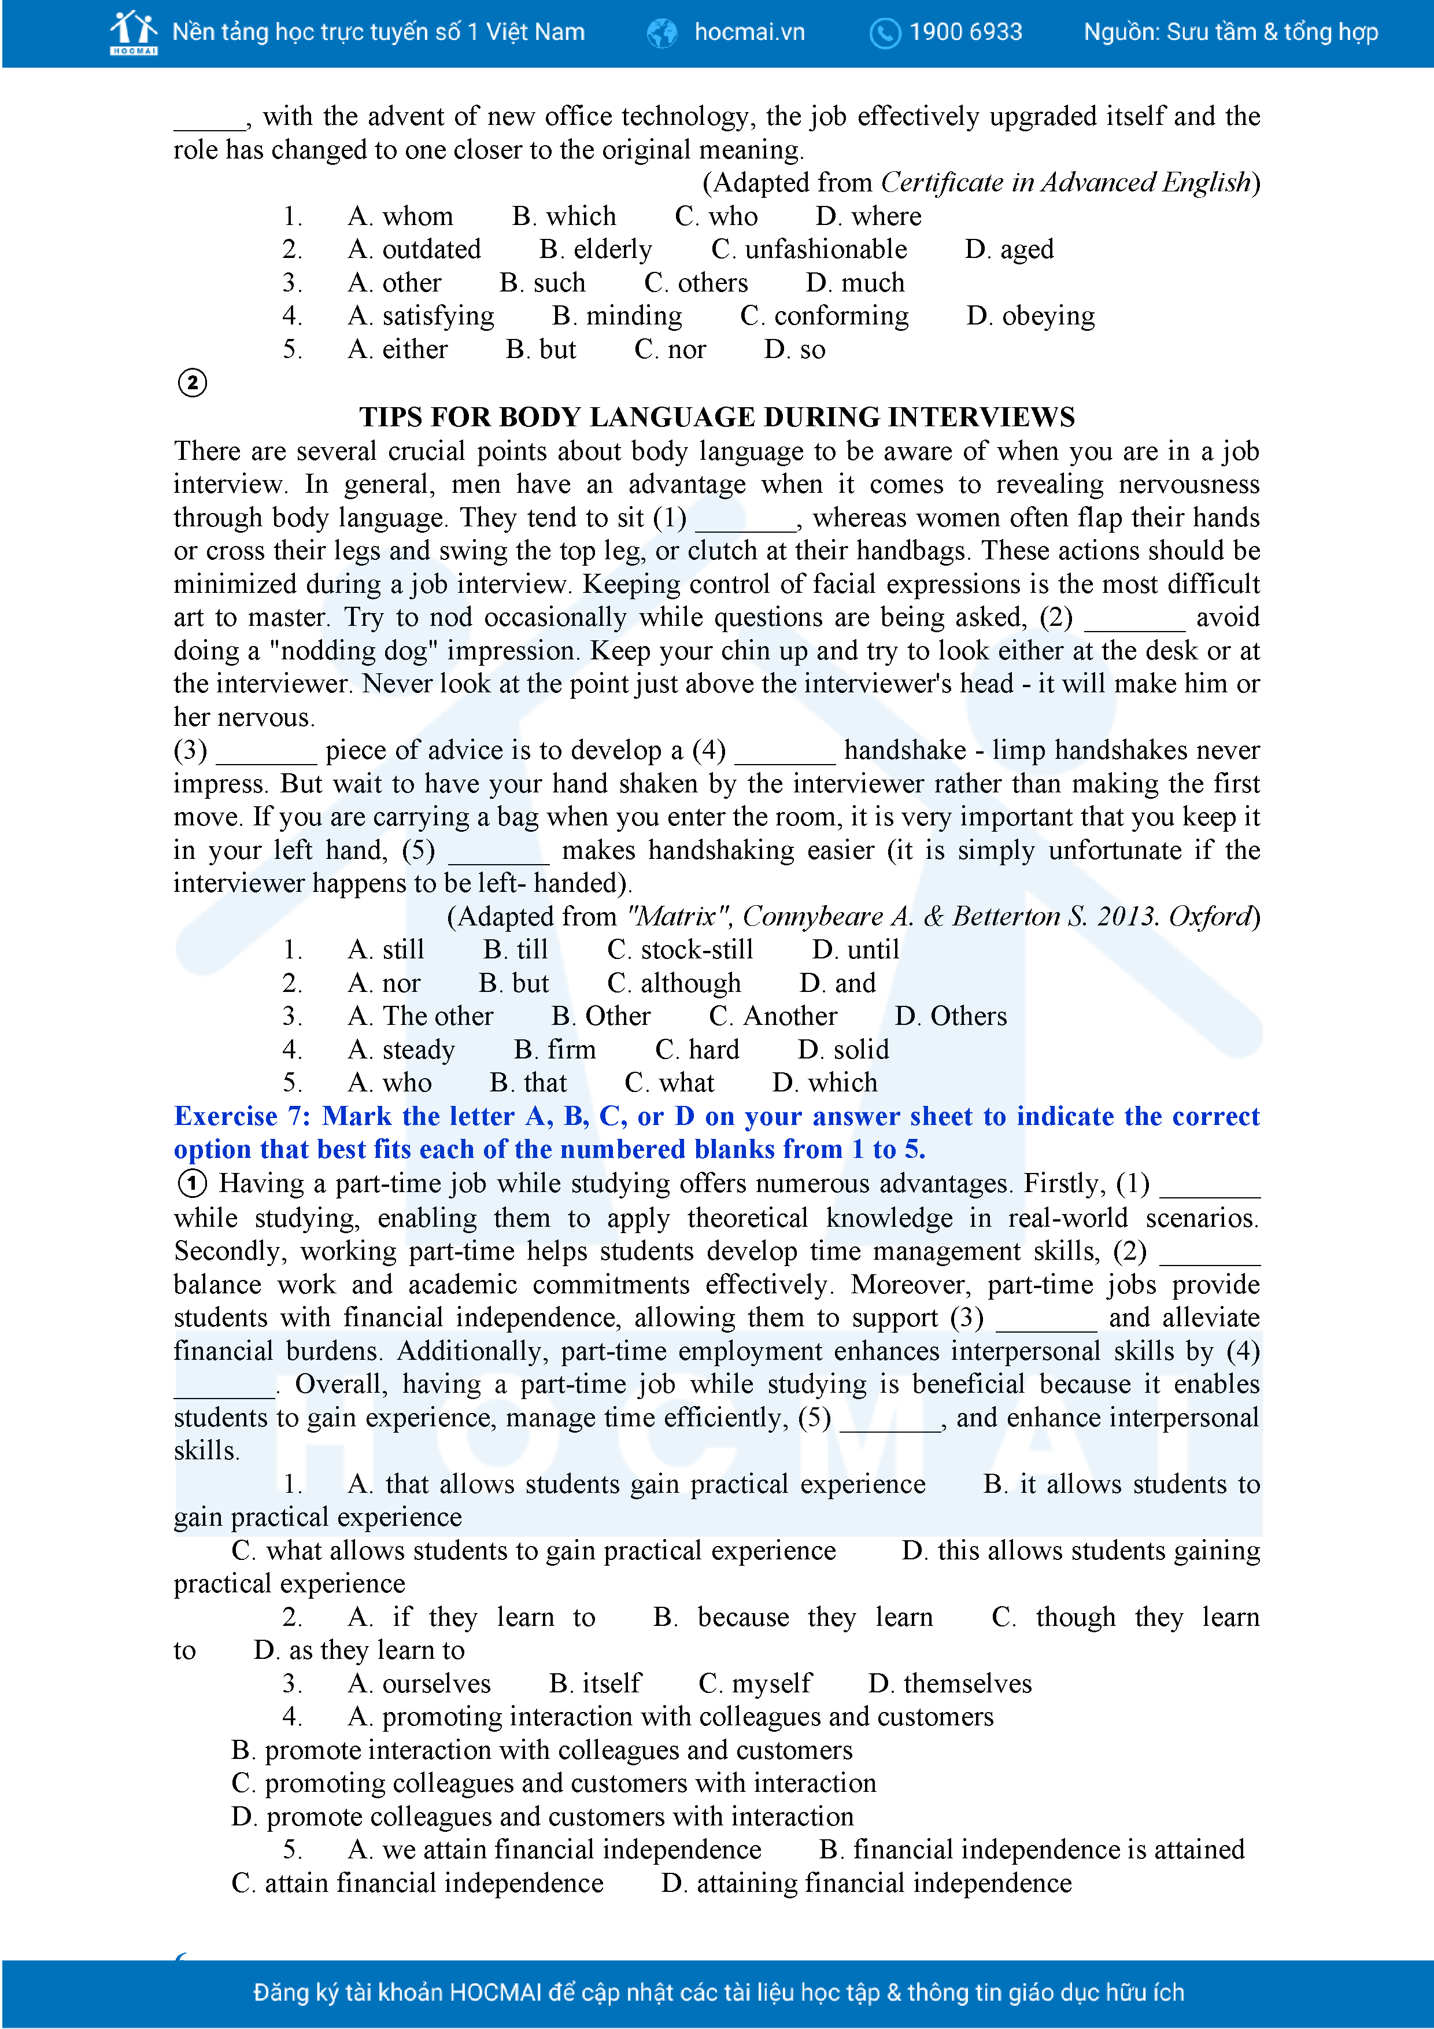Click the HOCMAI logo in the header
tap(134, 33)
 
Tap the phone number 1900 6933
tap(965, 33)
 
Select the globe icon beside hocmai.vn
tap(661, 34)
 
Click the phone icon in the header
tap(885, 34)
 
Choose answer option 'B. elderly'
tap(596, 250)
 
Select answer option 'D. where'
tap(868, 216)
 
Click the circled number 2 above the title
tap(193, 383)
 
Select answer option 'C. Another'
tap(773, 1016)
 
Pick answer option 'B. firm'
tap(555, 1050)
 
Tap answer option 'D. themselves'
tap(950, 1684)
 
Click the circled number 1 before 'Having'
tap(193, 1183)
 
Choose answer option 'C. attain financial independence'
tap(417, 1883)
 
